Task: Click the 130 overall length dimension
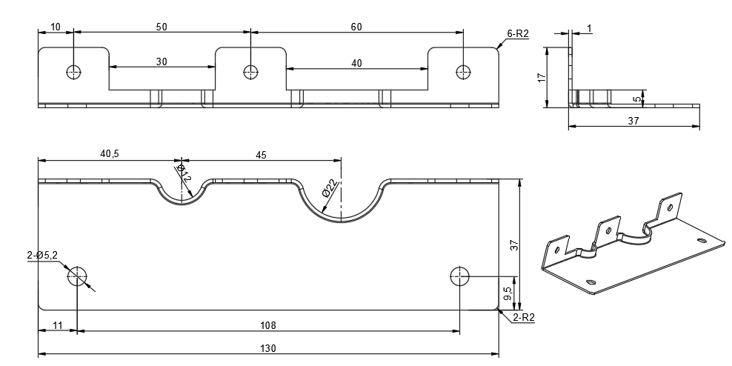click(x=267, y=348)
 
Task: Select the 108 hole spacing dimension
click(x=268, y=325)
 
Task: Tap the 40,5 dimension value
click(x=109, y=154)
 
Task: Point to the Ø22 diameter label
click(x=330, y=188)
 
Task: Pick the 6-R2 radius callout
click(x=517, y=33)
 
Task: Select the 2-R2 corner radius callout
click(x=522, y=317)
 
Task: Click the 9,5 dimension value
click(x=506, y=294)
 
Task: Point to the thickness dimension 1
click(x=589, y=28)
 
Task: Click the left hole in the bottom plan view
click(x=77, y=276)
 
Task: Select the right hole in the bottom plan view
click(x=459, y=276)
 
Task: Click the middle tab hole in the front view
click(x=250, y=72)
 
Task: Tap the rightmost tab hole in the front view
click(x=463, y=72)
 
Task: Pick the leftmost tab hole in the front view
click(x=73, y=72)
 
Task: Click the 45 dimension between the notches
click(x=261, y=155)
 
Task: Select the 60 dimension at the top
click(x=356, y=27)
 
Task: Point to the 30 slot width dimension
click(x=162, y=62)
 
